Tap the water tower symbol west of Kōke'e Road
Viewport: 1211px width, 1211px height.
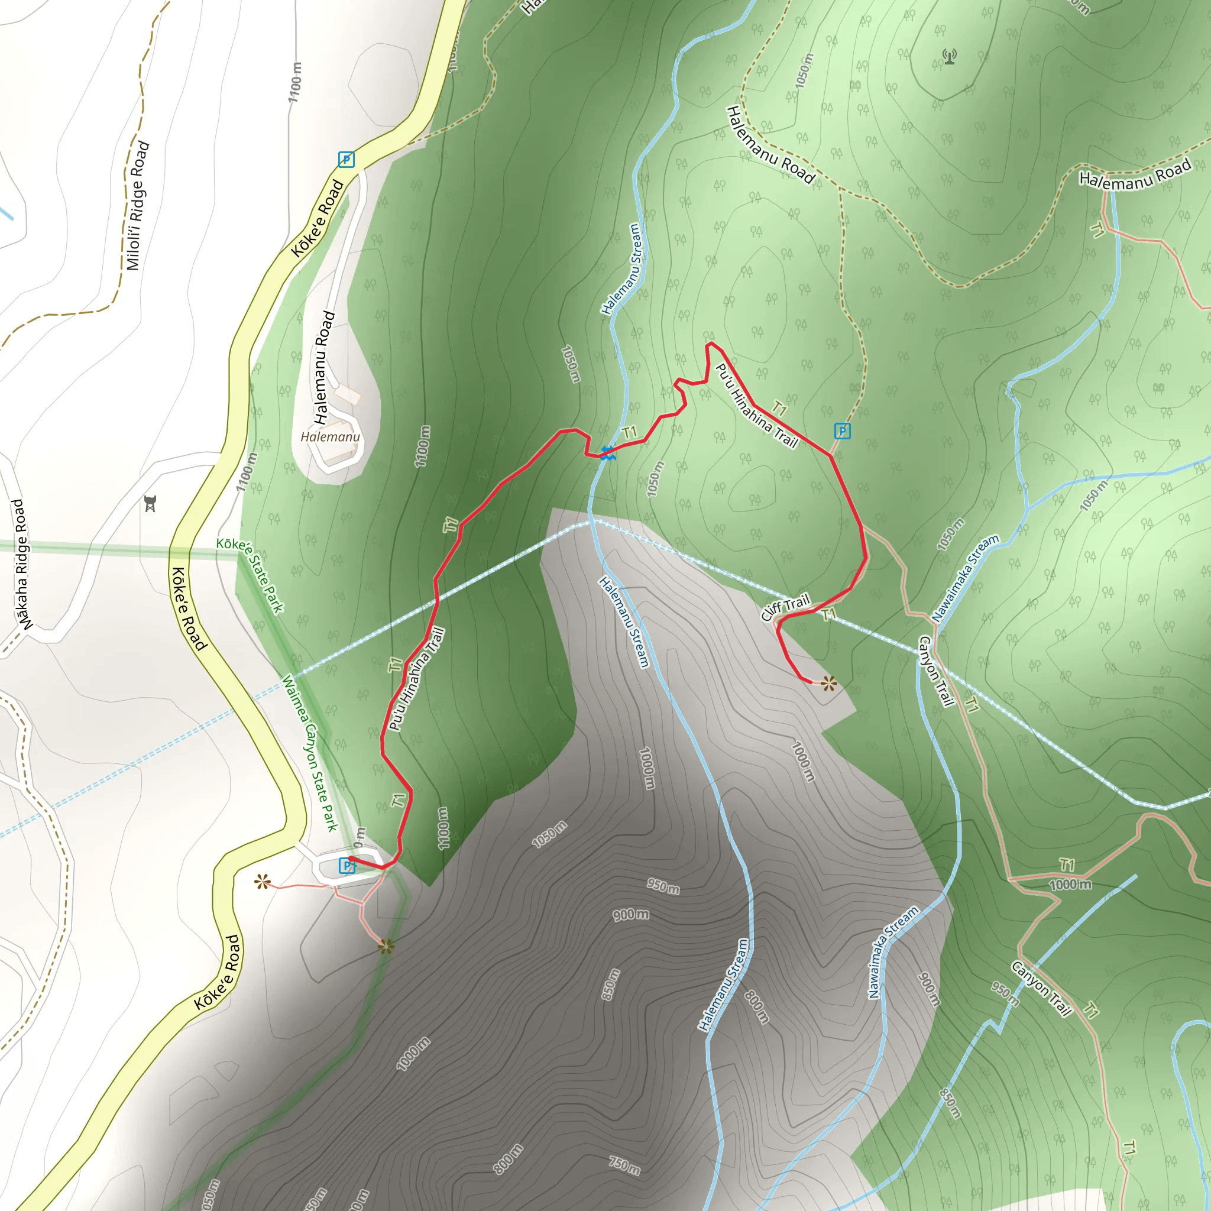[x=150, y=503]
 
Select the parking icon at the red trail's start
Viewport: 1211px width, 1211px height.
[x=346, y=866]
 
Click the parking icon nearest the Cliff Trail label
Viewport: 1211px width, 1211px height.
[x=843, y=430]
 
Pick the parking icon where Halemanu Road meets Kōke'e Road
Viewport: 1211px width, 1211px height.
[x=346, y=159]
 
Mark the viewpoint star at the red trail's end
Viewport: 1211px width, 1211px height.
[x=828, y=683]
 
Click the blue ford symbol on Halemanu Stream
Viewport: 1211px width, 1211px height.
[x=607, y=452]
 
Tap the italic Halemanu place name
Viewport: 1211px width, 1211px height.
[x=331, y=437]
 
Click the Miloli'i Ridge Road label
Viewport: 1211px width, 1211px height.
[x=137, y=206]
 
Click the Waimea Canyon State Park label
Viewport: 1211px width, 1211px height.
[x=310, y=753]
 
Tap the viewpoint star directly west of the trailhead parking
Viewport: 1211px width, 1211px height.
[x=262, y=883]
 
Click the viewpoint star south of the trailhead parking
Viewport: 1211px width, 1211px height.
[x=386, y=947]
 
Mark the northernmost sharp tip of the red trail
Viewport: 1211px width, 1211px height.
[x=709, y=344]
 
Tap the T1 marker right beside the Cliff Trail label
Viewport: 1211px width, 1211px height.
[x=828, y=614]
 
